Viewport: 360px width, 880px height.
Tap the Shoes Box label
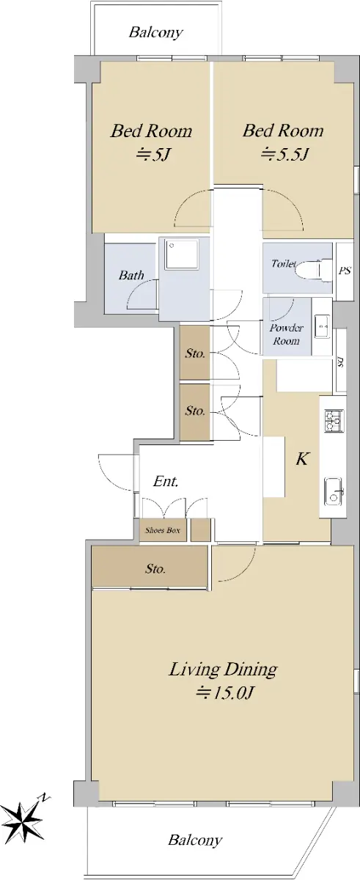point(163,530)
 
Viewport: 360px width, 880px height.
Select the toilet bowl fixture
point(312,270)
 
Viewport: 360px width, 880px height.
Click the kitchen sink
point(334,492)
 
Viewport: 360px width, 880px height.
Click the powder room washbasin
point(323,326)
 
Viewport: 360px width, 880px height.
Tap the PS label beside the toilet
point(345,271)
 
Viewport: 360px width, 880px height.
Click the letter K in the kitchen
point(302,458)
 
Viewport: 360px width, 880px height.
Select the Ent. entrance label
point(166,481)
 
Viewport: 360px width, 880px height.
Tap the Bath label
point(131,275)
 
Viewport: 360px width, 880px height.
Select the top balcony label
point(156,32)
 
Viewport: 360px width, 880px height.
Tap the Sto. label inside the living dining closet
point(155,568)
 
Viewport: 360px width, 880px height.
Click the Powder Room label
point(286,334)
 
